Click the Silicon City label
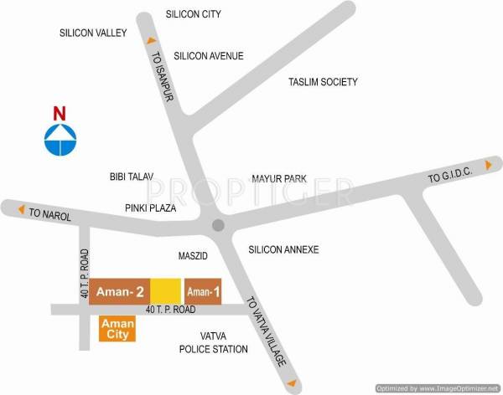pyautogui.click(x=193, y=14)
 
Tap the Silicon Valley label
pyautogui.click(x=92, y=33)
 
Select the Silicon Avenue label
pyautogui.click(x=209, y=56)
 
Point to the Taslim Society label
pyautogui.click(x=323, y=82)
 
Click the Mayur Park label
pyautogui.click(x=280, y=179)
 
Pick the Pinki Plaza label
pyautogui.click(x=150, y=206)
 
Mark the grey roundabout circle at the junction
pyautogui.click(x=218, y=224)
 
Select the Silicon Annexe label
pyautogui.click(x=283, y=249)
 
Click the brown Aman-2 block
pyautogui.click(x=119, y=290)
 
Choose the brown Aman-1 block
pyautogui.click(x=203, y=290)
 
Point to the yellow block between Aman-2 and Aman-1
pyautogui.click(x=166, y=290)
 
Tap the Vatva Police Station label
pyautogui.click(x=214, y=342)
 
